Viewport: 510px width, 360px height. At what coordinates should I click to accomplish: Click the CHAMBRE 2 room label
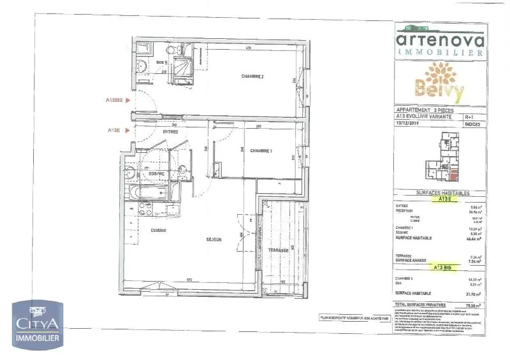click(x=252, y=76)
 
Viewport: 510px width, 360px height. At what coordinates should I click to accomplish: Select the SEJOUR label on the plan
click(x=214, y=240)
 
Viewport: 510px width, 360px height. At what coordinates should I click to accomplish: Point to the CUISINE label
click(x=159, y=230)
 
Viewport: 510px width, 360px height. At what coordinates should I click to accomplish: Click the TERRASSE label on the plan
click(x=278, y=250)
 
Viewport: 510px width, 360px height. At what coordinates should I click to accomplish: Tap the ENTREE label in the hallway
click(x=170, y=132)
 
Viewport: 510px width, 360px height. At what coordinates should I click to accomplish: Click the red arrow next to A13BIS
click(x=129, y=100)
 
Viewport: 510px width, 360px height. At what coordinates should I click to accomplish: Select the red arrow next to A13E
click(x=129, y=130)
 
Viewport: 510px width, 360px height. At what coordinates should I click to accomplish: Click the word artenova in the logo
click(x=440, y=40)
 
